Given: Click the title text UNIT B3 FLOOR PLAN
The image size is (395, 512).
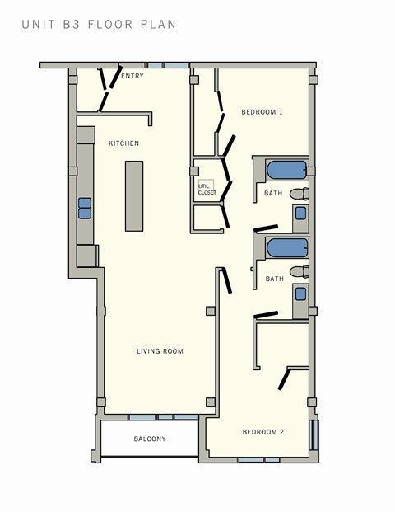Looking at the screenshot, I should click(x=99, y=25).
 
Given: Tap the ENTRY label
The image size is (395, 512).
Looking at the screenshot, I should click(x=132, y=76).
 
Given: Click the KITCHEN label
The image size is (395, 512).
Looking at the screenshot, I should click(x=124, y=143).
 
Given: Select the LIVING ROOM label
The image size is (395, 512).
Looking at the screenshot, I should click(x=160, y=351).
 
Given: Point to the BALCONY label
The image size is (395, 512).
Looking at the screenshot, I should click(x=150, y=439).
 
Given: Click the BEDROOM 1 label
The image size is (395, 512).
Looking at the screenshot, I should click(x=262, y=111).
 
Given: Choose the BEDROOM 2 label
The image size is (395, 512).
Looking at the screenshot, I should click(x=263, y=432).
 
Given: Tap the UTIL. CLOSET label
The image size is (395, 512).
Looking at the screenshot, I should click(x=207, y=189).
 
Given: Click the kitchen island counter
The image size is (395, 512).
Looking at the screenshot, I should click(x=134, y=195).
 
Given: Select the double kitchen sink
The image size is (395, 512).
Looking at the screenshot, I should click(x=84, y=208).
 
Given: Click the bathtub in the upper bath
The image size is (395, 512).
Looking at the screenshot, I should click(x=286, y=171).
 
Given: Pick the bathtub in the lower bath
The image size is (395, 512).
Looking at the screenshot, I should click(x=286, y=247).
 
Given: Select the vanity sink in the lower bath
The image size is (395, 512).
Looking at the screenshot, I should click(x=300, y=293).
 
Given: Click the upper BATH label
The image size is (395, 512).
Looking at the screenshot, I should click(x=273, y=194).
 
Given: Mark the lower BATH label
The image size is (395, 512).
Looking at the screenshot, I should click(x=274, y=279).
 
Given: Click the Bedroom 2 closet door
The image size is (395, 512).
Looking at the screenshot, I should click(x=284, y=378).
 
